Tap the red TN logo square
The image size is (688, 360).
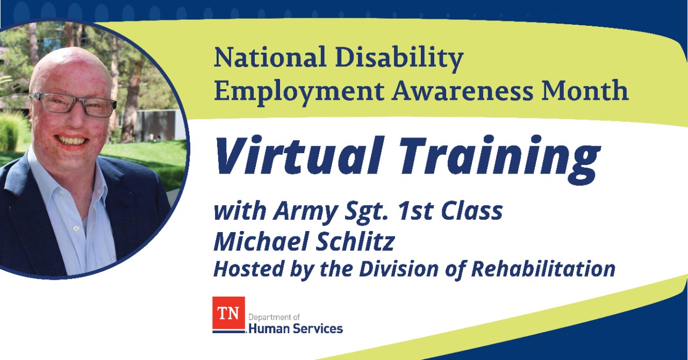coord(228,313)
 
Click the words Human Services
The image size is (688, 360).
coord(296,328)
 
